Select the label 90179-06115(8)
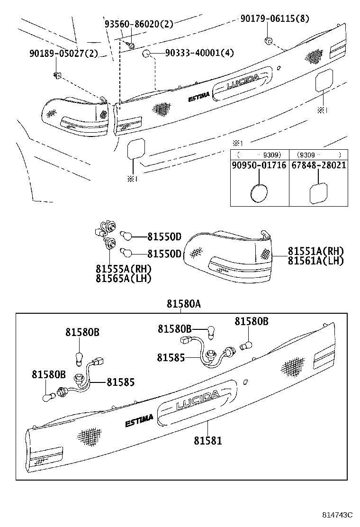274,18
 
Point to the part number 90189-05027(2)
63,53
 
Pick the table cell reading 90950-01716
259,165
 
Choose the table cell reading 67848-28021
318,165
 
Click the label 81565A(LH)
123,279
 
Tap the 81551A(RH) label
316,251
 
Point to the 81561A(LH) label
316,260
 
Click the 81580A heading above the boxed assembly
183,304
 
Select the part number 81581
207,441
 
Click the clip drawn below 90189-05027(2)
57,74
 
